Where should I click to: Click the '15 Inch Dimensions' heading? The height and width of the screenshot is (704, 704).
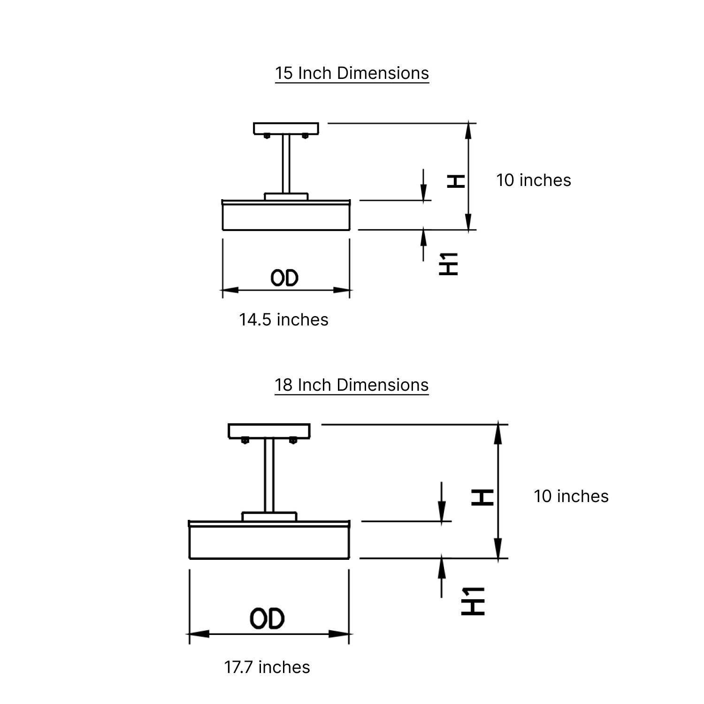click(x=352, y=73)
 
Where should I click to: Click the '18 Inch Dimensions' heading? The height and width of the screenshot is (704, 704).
click(x=352, y=385)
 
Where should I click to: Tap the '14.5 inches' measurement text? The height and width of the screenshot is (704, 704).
click(x=283, y=320)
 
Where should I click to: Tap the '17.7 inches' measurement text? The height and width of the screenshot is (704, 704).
click(x=267, y=667)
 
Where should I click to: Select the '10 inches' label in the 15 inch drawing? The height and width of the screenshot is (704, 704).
click(x=534, y=180)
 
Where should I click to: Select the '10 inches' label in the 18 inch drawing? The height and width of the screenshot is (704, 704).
click(x=571, y=496)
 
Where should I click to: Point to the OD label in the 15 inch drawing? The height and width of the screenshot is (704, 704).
click(x=284, y=278)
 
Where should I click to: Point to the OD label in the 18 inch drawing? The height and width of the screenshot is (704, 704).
click(x=267, y=619)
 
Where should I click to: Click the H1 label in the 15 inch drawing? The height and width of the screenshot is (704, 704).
click(x=449, y=264)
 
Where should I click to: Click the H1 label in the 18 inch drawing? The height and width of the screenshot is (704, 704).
click(x=473, y=601)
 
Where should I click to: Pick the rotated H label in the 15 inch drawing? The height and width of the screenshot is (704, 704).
click(x=455, y=181)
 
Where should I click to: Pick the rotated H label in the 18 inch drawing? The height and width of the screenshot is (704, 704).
click(x=482, y=497)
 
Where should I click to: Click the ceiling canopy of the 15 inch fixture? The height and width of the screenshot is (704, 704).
click(x=286, y=128)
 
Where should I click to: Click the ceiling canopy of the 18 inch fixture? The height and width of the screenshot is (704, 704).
click(x=269, y=430)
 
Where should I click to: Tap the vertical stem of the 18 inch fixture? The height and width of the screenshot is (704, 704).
click(x=269, y=474)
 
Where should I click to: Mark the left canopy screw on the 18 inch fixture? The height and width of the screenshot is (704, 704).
click(x=245, y=441)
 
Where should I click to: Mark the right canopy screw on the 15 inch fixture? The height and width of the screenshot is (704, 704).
click(x=305, y=136)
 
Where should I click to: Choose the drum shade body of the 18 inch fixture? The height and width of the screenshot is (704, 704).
click(x=269, y=543)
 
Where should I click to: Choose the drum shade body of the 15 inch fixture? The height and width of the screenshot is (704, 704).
click(x=286, y=217)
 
